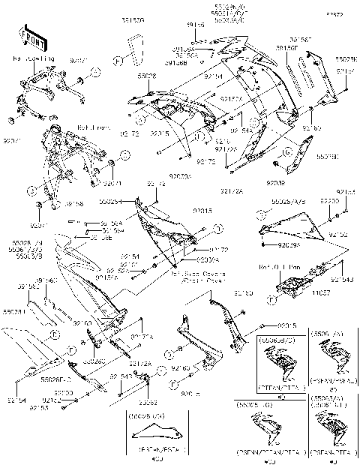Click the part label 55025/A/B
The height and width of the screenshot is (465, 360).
click(x=286, y=202)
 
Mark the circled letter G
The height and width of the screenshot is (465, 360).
click(x=277, y=154)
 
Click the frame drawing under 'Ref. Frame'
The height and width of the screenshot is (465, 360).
click(x=71, y=161)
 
